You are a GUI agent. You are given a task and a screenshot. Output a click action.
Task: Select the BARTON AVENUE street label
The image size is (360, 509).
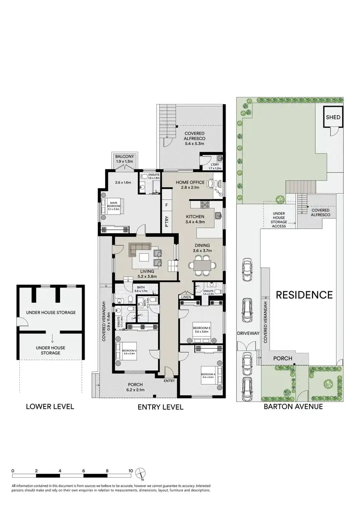tap(293, 407)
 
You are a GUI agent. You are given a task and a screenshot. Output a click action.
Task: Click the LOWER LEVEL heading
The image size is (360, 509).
tap(50, 407)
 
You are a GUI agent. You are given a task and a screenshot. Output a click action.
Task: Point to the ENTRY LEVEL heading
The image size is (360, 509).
tap(160, 407)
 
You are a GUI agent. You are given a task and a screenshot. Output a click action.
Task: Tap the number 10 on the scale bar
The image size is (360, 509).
tap(130, 471)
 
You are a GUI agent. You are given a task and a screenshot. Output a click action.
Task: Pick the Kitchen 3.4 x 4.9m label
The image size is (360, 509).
tap(195, 219)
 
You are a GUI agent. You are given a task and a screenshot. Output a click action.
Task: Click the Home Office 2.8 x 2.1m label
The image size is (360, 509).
tap(191, 185)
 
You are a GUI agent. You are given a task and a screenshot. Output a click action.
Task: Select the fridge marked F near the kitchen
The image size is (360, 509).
tap(167, 205)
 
